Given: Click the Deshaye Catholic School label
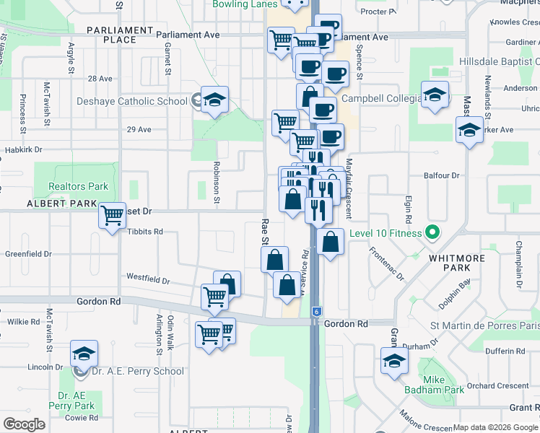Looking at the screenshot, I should [132, 101].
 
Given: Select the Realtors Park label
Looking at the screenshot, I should [78, 186].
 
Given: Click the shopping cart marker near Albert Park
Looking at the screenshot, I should [112, 214].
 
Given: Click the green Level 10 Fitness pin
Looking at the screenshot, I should [432, 232].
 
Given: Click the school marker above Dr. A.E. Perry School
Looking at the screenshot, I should [84, 354].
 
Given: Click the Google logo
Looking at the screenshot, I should [24, 424].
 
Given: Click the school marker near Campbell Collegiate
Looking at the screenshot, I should [435, 95].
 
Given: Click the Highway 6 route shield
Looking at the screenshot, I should [316, 311].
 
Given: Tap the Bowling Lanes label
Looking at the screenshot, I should [245, 4].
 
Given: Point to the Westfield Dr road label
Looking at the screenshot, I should [147, 277].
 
